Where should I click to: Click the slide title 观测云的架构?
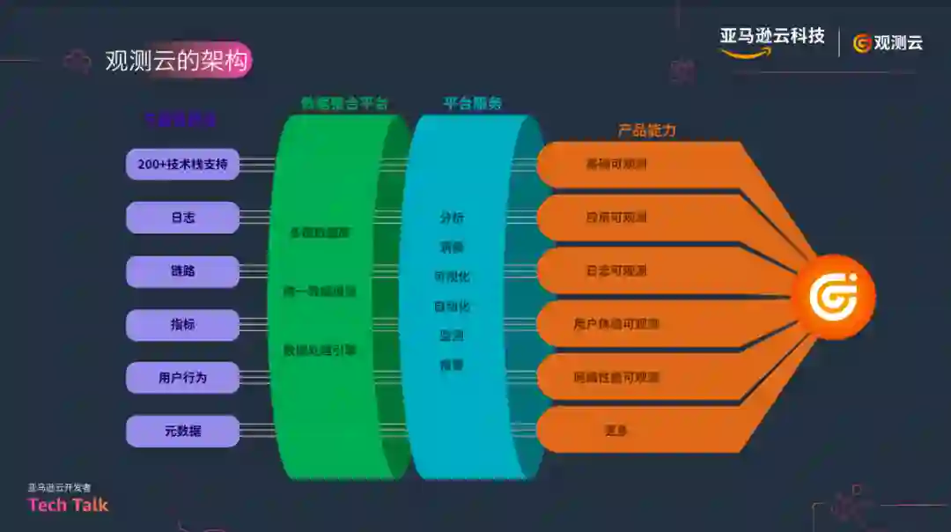point(177,61)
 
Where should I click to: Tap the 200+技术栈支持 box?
point(182,164)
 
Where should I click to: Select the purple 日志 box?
point(182,218)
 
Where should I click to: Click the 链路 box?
point(182,271)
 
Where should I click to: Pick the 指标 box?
point(182,324)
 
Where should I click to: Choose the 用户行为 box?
point(182,378)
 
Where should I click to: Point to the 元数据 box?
point(182,431)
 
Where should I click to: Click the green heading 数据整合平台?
point(344,103)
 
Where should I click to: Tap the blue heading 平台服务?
point(472,103)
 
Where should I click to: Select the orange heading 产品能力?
point(646,130)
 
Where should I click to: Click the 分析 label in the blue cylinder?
point(452,217)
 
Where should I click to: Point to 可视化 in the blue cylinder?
point(452,276)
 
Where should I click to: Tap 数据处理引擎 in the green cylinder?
point(319,350)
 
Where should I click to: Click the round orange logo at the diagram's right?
point(832,297)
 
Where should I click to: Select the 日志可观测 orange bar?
point(616,270)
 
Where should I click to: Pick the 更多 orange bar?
point(616,431)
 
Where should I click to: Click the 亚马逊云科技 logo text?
point(771,37)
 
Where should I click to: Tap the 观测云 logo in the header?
point(888,42)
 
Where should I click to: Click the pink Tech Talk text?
point(68,505)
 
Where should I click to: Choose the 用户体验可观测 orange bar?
point(616,324)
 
